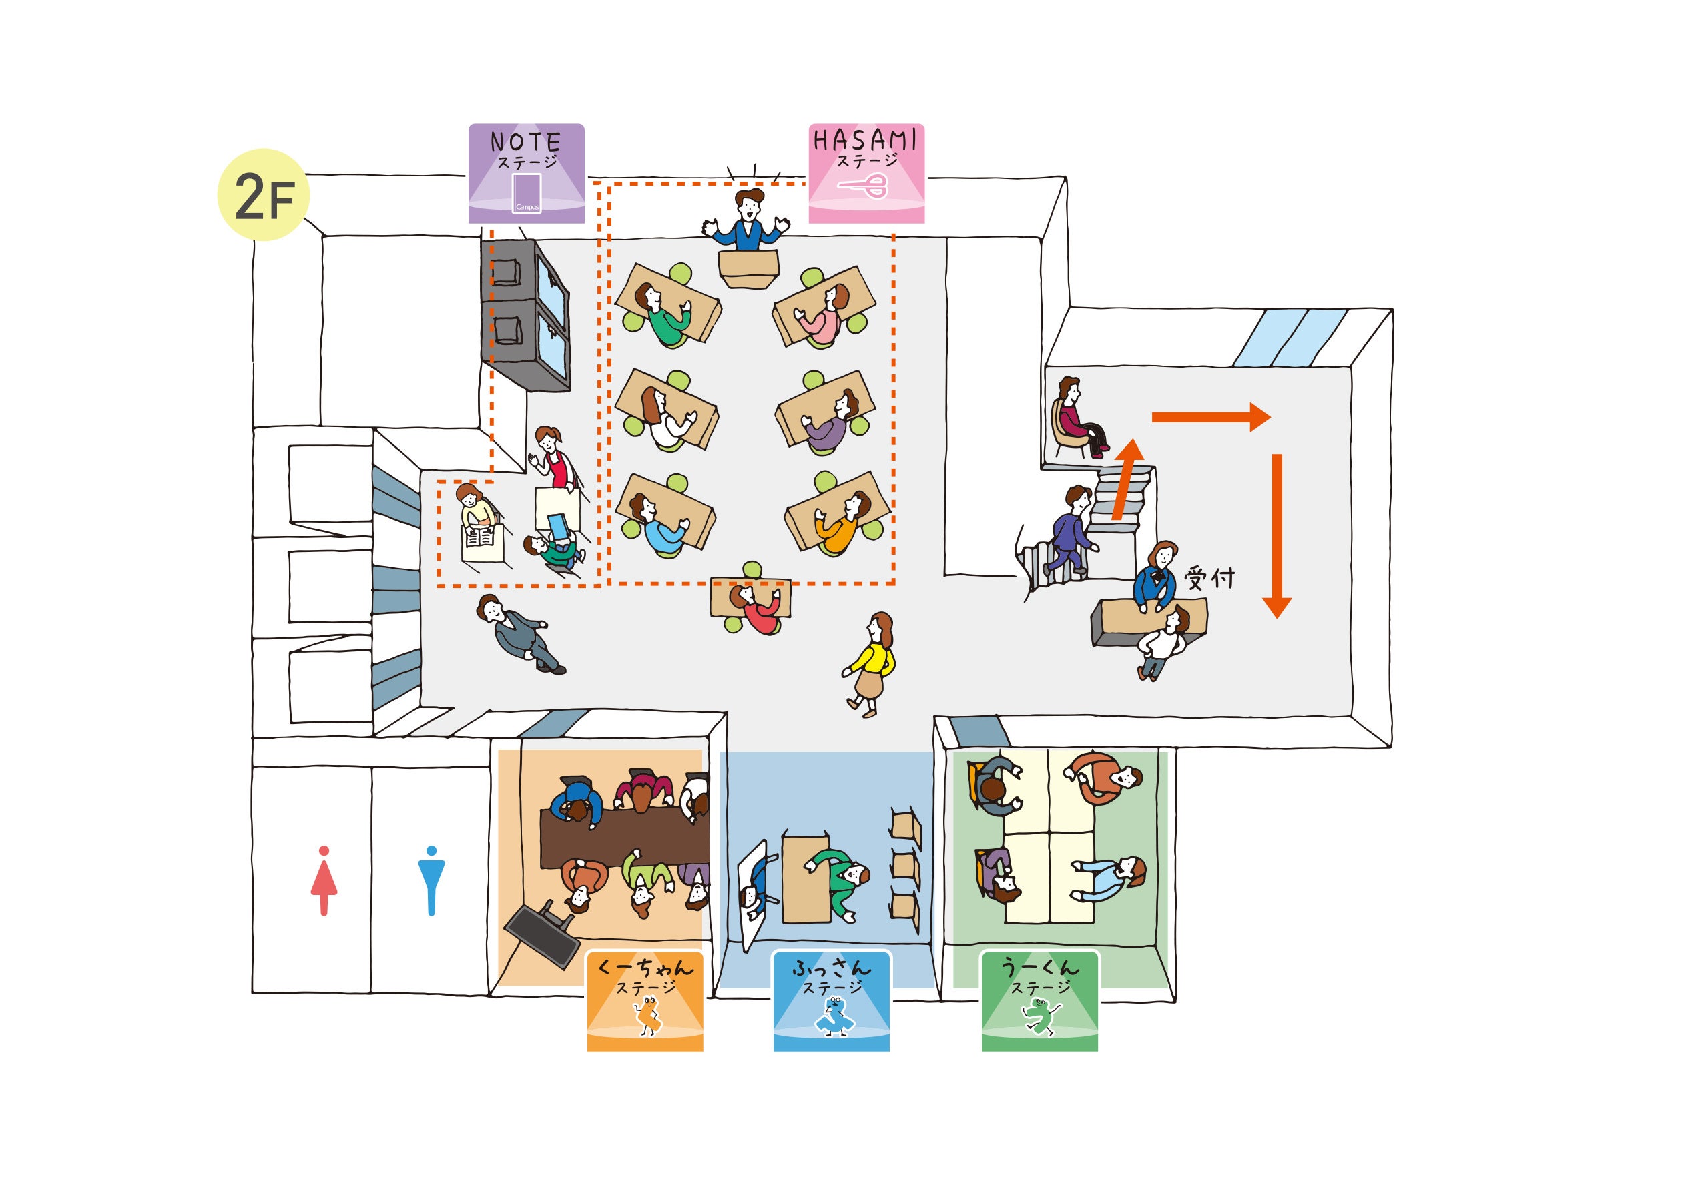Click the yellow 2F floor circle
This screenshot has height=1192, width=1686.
tap(263, 195)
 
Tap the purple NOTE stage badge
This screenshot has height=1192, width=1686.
tap(527, 174)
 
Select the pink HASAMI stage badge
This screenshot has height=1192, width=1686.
tap(866, 174)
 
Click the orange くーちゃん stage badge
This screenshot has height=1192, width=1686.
tap(645, 1000)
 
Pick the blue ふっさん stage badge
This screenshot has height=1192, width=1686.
tap(831, 1000)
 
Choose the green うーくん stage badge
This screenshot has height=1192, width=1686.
tap(1039, 1000)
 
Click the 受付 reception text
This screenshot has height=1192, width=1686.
tap(1209, 578)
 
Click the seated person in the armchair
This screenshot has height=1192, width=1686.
tap(1078, 416)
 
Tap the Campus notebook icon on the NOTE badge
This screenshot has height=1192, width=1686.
tap(527, 193)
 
